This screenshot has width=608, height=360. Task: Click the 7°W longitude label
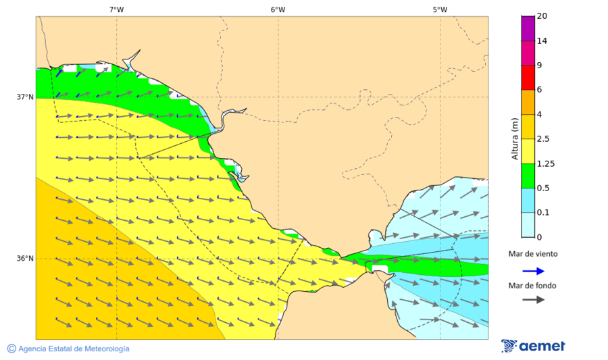tap(116, 9)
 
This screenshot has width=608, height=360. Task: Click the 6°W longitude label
tap(278, 9)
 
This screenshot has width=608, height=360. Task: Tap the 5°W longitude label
tap(440, 9)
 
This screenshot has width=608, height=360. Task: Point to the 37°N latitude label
tap(25, 97)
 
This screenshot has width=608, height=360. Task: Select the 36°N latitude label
tap(25, 259)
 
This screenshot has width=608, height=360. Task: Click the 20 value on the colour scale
tap(541, 16)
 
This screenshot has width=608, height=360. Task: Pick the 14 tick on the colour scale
tap(541, 41)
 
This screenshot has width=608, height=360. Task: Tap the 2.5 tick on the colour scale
tap(542, 139)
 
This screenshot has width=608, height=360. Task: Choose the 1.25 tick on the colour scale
tap(544, 163)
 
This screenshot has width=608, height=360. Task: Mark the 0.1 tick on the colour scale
tap(542, 213)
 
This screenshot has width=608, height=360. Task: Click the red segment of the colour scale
tap(528, 78)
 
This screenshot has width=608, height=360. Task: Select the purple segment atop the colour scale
tap(528, 28)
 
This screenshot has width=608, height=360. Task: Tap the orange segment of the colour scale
tap(528, 102)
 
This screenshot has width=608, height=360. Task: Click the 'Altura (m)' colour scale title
tap(515, 139)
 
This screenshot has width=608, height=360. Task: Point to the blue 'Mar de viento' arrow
tap(534, 271)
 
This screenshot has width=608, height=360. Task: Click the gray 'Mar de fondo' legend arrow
tap(534, 299)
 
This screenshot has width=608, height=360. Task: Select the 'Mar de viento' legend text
tap(533, 254)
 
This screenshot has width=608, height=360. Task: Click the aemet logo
tap(533, 346)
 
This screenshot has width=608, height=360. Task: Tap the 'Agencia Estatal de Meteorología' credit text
tap(74, 349)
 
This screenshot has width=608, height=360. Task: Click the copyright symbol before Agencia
tap(11, 349)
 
